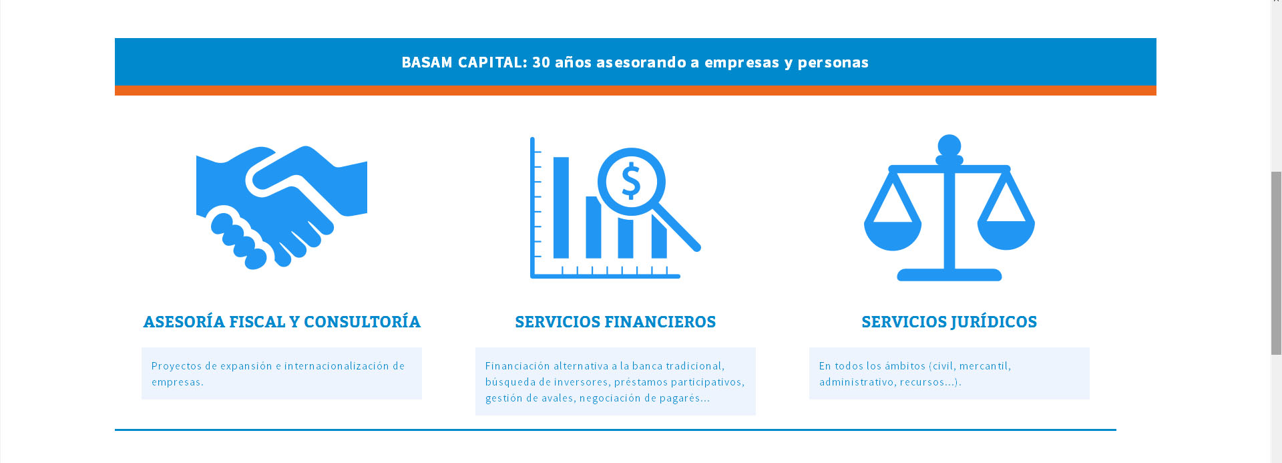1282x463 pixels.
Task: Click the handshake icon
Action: (281, 207)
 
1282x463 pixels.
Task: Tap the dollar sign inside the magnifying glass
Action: (631, 181)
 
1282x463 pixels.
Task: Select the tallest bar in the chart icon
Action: (561, 207)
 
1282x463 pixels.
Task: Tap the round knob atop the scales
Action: (949, 146)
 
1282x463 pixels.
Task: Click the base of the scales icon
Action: (949, 275)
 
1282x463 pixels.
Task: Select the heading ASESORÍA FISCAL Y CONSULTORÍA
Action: (282, 322)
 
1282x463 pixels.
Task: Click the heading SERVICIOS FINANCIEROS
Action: (615, 322)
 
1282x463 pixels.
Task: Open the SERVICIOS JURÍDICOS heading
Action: (949, 322)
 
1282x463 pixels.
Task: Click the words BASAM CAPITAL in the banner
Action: (464, 62)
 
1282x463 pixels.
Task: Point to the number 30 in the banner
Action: (541, 62)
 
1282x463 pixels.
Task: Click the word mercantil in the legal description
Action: (985, 366)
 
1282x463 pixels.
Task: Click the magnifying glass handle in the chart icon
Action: (676, 227)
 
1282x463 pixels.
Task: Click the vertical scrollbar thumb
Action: (1276, 263)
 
